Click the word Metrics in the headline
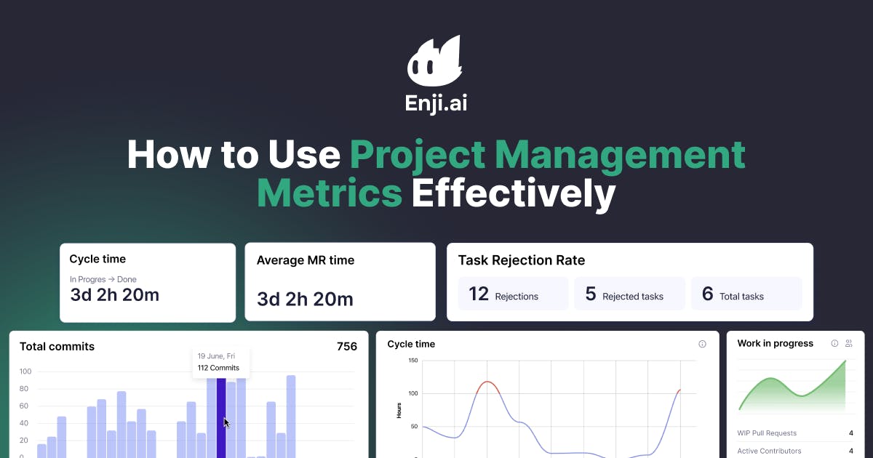(330, 194)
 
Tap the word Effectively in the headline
(514, 194)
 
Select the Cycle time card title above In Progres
(97, 259)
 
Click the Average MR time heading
(306, 260)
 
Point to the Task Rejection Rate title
(521, 260)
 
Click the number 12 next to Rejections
(479, 294)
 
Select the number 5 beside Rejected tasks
(591, 294)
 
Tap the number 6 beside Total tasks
(707, 294)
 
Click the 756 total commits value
(347, 347)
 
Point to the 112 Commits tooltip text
(218, 368)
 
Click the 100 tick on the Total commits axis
(25, 371)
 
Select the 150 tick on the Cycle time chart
(413, 361)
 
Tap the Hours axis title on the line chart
(399, 410)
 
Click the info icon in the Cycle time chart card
(702, 344)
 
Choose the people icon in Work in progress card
(848, 343)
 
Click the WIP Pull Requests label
(767, 433)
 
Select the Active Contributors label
(769, 451)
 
